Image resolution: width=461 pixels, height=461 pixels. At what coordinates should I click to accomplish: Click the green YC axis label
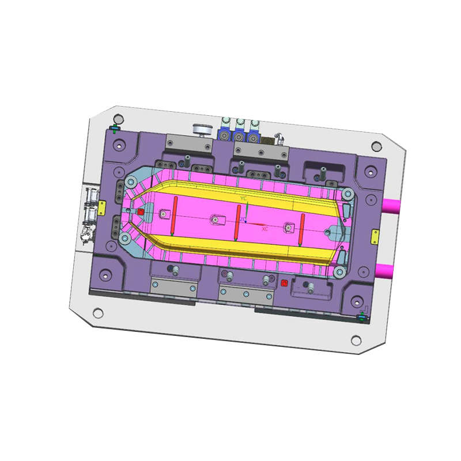pyautogui.click(x=243, y=198)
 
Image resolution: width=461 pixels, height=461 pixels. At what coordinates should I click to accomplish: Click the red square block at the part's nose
pyautogui.click(x=140, y=212)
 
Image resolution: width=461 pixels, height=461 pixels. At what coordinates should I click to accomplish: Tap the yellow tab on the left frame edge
pyautogui.click(x=101, y=206)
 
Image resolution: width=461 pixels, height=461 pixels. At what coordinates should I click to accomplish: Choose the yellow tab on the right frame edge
pyautogui.click(x=375, y=235)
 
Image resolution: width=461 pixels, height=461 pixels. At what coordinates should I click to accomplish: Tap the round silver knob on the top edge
pyautogui.click(x=202, y=130)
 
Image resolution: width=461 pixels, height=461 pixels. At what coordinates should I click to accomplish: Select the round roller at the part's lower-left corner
pyautogui.click(x=125, y=239)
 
